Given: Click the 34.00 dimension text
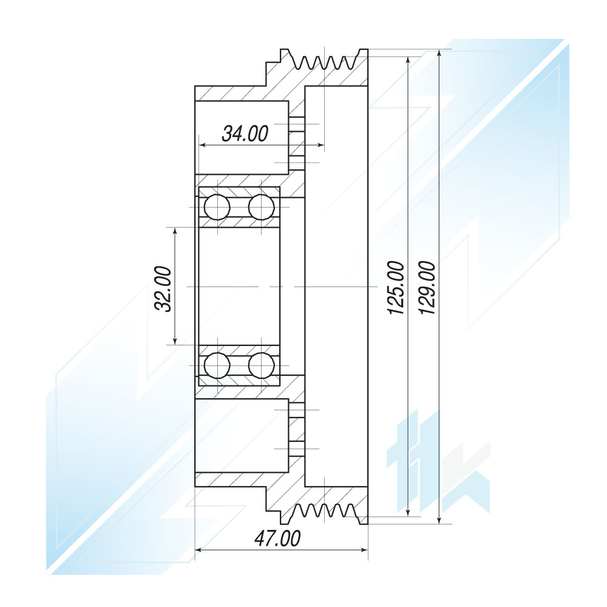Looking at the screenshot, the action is (245, 134).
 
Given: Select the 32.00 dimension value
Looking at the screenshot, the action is (163, 289).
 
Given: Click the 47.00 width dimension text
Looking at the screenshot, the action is (277, 538).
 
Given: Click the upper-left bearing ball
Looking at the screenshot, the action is (217, 207).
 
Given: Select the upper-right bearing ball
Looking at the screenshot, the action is (261, 207).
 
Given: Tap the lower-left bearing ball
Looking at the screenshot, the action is (217, 365).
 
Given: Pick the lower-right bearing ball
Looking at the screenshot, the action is (261, 365).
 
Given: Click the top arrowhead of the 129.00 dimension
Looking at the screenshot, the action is (439, 54).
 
